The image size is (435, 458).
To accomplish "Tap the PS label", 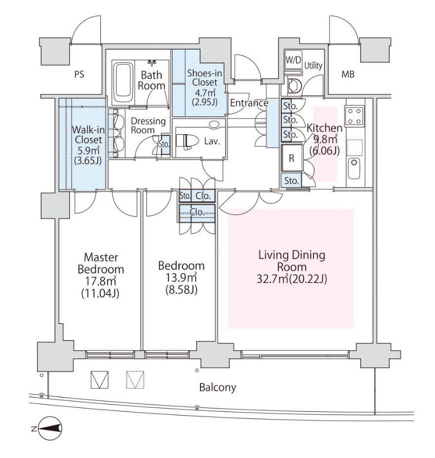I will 79,75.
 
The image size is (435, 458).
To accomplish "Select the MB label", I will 348,75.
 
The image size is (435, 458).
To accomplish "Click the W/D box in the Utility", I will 292,60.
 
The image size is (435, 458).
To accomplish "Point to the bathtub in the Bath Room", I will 124,82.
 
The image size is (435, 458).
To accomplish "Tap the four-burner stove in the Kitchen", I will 353,116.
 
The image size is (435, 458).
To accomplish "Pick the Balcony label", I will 217,388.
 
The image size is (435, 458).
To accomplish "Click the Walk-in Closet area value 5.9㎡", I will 87,151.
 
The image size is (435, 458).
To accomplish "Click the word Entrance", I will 249,103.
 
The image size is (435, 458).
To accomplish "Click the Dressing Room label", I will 149,125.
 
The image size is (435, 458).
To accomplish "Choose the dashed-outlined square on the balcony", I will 135,380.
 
